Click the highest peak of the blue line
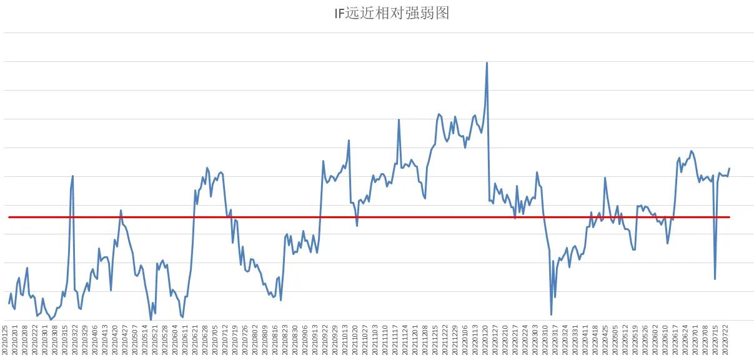point(487,62)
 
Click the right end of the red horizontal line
point(730,217)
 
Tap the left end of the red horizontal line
point(9,217)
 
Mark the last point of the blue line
point(730,168)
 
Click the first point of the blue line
point(9,304)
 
